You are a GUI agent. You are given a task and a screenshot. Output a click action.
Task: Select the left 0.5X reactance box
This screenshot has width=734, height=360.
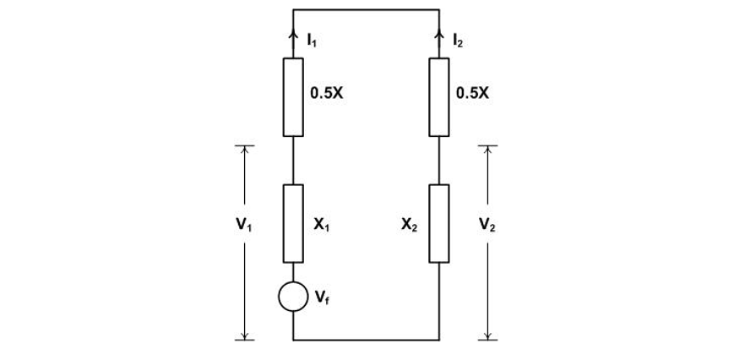(293, 97)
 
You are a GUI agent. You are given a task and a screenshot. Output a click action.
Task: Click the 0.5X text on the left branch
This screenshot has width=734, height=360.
(327, 94)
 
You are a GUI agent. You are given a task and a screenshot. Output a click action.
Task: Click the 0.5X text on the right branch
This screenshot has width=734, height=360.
(472, 94)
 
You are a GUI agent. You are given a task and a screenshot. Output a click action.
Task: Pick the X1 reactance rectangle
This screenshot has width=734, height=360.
(293, 223)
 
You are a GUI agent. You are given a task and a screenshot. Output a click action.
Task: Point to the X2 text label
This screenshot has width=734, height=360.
(410, 225)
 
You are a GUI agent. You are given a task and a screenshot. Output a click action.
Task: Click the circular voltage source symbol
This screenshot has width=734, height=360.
(293, 296)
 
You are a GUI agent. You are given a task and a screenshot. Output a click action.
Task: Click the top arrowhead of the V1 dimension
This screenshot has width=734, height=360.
(244, 150)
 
